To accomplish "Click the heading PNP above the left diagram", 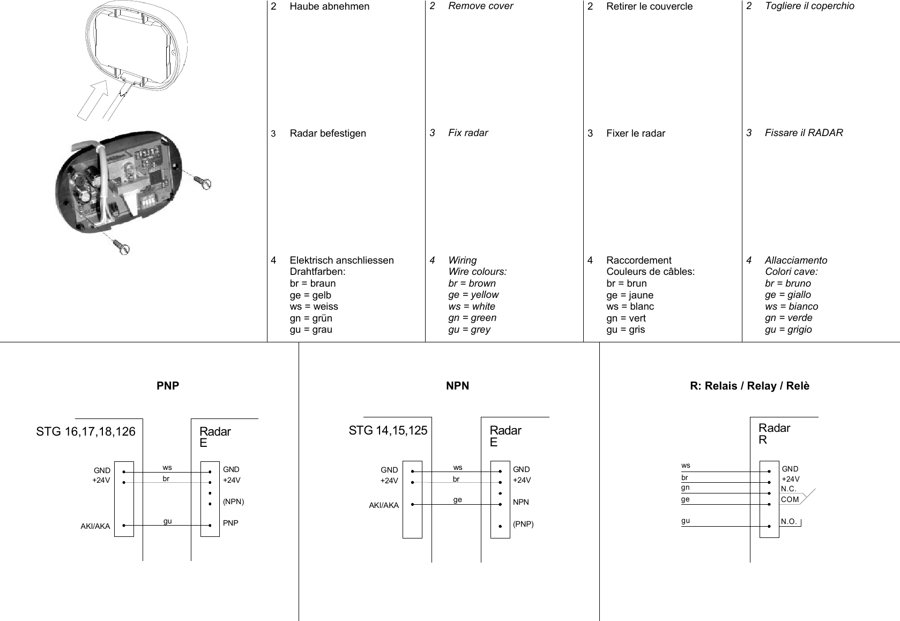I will pyautogui.click(x=168, y=386).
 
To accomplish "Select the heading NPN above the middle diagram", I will pyautogui.click(x=457, y=386).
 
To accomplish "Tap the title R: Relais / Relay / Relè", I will pyautogui.click(x=749, y=386).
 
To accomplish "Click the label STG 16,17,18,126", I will pyautogui.click(x=86, y=431).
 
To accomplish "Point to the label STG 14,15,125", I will pyautogui.click(x=388, y=430).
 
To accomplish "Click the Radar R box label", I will pyautogui.click(x=774, y=434).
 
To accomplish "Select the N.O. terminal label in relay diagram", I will pyautogui.click(x=790, y=522).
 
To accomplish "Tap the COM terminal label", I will pyautogui.click(x=790, y=499).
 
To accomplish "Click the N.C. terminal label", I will pyautogui.click(x=789, y=489).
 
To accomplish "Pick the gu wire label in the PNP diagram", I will pyautogui.click(x=168, y=521).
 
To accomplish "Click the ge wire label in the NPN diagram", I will pyautogui.click(x=457, y=499).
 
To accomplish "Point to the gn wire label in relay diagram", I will pyautogui.click(x=686, y=488).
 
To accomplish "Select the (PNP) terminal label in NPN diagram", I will pyautogui.click(x=523, y=524).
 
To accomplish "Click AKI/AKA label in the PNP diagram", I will pyautogui.click(x=95, y=526).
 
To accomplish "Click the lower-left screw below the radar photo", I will pyautogui.click(x=122, y=247).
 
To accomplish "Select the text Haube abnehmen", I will pyautogui.click(x=329, y=6).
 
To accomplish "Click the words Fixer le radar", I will pyautogui.click(x=635, y=133).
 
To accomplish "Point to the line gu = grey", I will pyautogui.click(x=469, y=330).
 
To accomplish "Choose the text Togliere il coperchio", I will pyautogui.click(x=809, y=6).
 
